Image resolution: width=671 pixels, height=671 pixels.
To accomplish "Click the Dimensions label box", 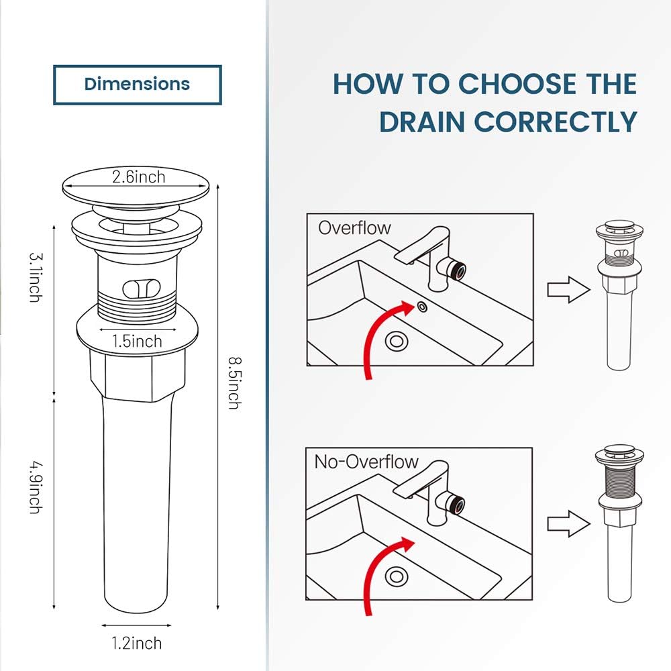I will (x=137, y=85).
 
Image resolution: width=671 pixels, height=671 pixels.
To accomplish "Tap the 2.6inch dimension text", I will (x=138, y=177).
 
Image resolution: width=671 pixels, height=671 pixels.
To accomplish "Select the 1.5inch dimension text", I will (x=137, y=341).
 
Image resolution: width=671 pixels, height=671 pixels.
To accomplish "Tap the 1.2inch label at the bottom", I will (x=137, y=643).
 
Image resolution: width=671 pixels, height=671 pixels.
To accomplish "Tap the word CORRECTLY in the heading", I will (x=556, y=122).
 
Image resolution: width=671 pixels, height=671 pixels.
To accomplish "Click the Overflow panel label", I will (x=354, y=227).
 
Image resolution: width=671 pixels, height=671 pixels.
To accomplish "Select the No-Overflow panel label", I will (x=366, y=462).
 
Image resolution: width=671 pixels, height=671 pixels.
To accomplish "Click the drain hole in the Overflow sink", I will (x=397, y=340).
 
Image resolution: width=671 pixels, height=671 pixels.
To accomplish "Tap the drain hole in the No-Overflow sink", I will (x=397, y=575).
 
